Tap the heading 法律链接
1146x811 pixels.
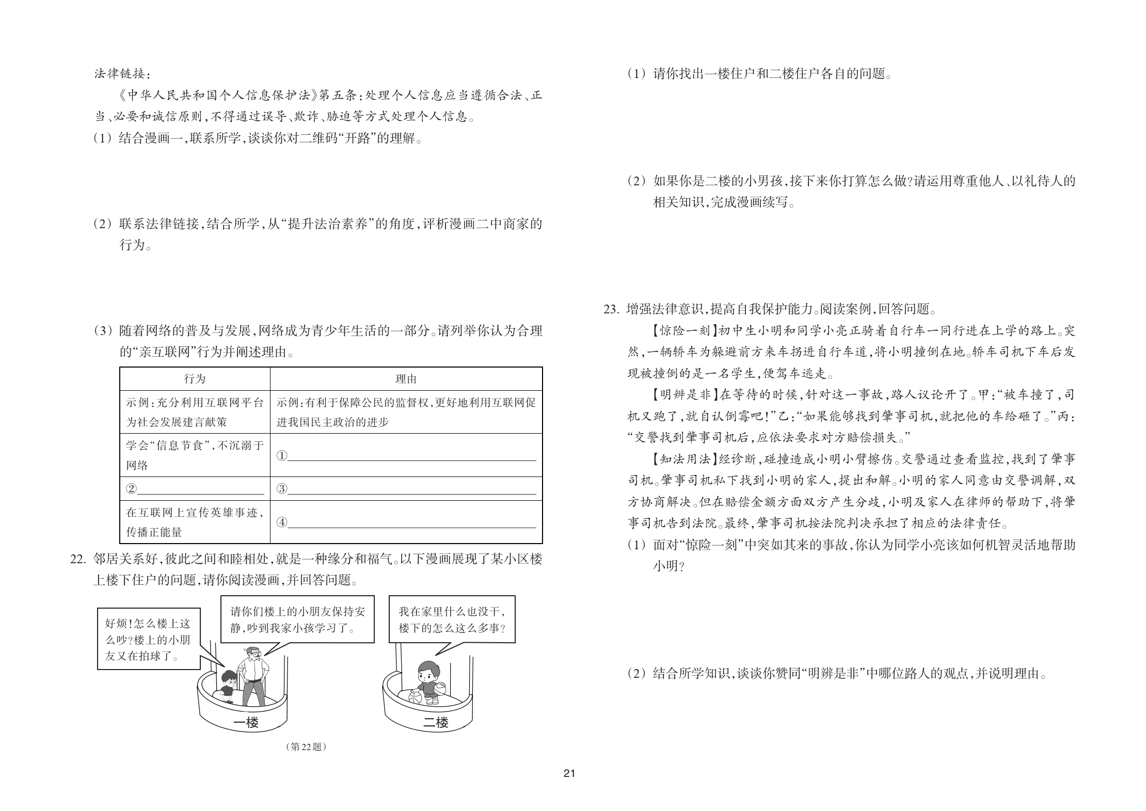(x=122, y=74)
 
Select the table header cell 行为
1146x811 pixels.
(x=195, y=379)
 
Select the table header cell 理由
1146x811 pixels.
(x=406, y=379)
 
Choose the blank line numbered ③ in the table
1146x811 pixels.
(x=411, y=488)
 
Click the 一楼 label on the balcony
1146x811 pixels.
(x=246, y=723)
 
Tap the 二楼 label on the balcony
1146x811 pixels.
(x=436, y=723)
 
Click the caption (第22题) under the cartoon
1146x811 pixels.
(x=306, y=746)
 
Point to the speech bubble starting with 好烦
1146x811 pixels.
(x=149, y=639)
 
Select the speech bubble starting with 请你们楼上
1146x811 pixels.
(x=297, y=619)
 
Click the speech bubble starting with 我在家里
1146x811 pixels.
(x=452, y=619)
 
